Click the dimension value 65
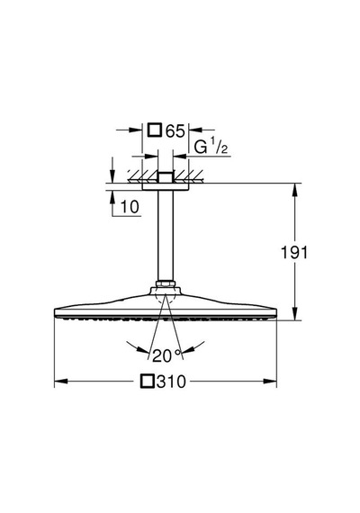tap(175, 130)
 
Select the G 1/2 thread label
tap(211, 147)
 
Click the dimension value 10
tap(130, 207)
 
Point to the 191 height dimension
tap(294, 253)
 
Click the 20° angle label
tap(166, 355)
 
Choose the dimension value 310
tap(171, 382)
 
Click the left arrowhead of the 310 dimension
tap(61, 382)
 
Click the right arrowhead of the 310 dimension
tap(270, 382)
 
